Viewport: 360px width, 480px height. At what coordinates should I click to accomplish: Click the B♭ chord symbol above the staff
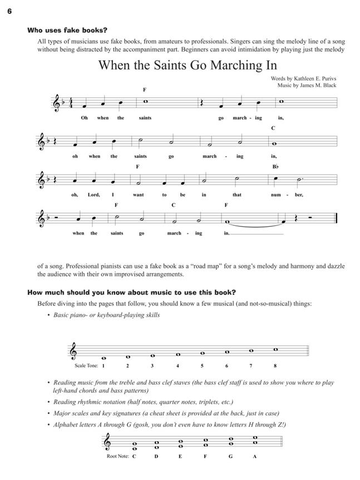[275, 166]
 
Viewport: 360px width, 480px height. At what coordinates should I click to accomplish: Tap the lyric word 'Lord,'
[93, 195]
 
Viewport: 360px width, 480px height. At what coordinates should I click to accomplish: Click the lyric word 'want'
[139, 195]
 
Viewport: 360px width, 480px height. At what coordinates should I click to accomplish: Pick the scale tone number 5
[202, 366]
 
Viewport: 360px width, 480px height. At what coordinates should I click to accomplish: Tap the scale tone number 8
[275, 366]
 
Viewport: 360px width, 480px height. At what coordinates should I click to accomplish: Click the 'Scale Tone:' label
[85, 366]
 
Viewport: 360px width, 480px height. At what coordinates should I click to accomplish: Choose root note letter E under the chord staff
[181, 457]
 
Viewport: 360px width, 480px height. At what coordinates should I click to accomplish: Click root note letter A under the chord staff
[254, 457]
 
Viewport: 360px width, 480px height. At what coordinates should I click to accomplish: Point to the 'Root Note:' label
[117, 457]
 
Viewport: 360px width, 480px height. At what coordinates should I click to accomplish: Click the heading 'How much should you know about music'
[131, 292]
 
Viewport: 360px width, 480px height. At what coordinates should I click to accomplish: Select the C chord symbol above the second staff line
[273, 128]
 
